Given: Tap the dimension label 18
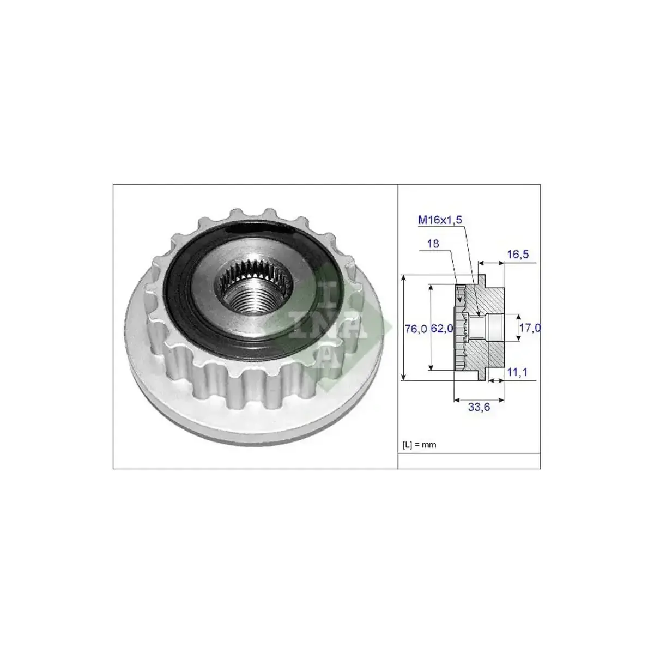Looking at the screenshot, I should pyautogui.click(x=433, y=244).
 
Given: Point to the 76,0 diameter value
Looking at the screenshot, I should pyautogui.click(x=415, y=329).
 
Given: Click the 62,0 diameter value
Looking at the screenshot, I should pyautogui.click(x=443, y=329).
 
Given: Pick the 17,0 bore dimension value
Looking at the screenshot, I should pyautogui.click(x=530, y=328).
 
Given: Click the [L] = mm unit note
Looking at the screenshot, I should pyautogui.click(x=419, y=445).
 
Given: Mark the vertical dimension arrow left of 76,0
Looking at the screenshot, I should pyautogui.click(x=404, y=328).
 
